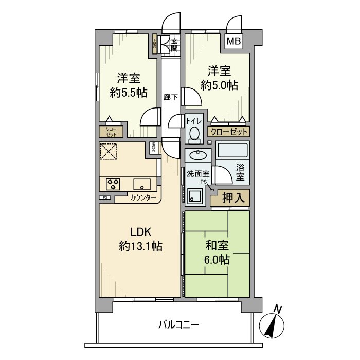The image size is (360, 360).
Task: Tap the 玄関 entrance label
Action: coord(175,45)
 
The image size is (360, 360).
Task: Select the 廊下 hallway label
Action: coord(170,96)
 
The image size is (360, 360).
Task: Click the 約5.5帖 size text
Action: coord(129,93)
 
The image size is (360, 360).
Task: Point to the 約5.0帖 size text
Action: coord(219,85)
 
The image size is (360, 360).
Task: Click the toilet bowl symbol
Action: coord(194,134)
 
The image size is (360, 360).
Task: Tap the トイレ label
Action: coord(194,121)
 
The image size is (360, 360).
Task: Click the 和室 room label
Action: coord(216,245)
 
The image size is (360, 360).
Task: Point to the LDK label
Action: coord(140,231)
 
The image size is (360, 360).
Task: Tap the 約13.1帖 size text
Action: coord(140,246)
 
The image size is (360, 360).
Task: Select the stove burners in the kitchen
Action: coord(113,183)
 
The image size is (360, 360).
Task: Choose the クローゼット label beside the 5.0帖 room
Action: coord(228,131)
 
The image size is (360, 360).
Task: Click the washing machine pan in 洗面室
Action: coord(196,196)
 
